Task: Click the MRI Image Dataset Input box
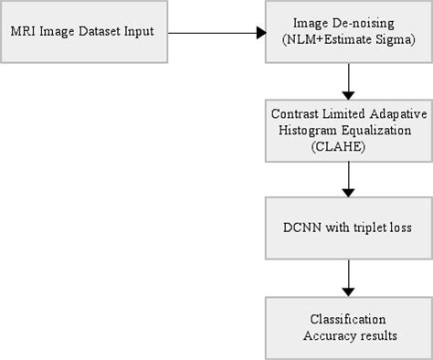[x=84, y=32]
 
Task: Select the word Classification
[x=346, y=319]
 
